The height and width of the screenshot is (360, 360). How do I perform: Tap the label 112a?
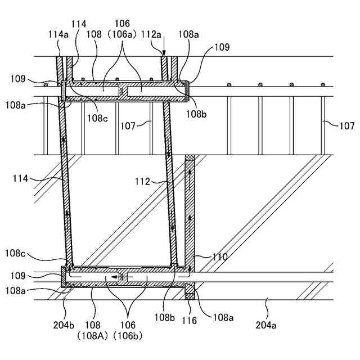(152, 34)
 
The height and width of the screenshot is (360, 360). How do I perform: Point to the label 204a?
(267, 325)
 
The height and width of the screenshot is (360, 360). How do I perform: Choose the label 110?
(219, 257)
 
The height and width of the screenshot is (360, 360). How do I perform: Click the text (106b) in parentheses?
(129, 335)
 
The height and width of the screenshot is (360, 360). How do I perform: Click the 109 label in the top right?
(221, 48)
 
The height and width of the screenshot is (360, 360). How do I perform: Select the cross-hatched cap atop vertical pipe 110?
(190, 160)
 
